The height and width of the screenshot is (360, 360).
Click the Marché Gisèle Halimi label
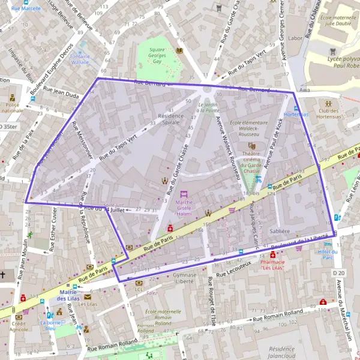point(184,207)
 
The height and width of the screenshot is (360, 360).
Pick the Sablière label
point(281,230)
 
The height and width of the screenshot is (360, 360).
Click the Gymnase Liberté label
point(184,277)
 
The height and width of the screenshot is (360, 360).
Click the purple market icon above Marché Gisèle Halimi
point(184,194)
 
